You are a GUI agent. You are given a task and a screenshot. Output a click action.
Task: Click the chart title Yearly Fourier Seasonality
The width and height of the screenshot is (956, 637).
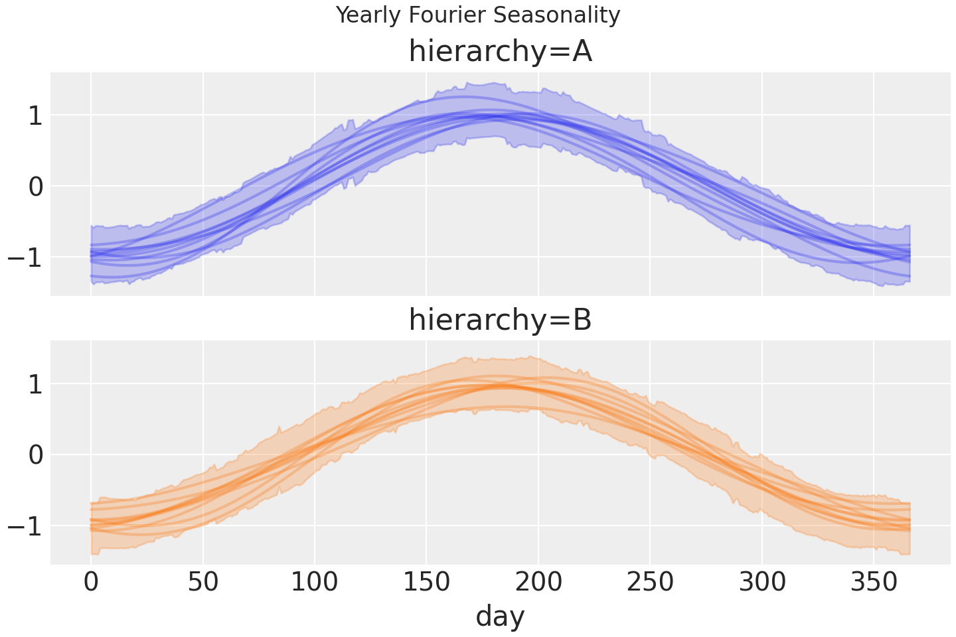(x=478, y=15)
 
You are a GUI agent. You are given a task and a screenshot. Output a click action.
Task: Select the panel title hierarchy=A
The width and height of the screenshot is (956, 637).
(x=500, y=52)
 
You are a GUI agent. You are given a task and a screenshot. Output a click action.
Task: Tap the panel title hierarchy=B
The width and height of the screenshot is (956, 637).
(x=500, y=320)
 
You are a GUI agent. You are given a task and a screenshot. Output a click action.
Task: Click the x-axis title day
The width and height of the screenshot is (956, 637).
(x=500, y=616)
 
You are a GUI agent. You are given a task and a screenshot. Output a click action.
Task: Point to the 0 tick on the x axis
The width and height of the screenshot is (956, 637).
(x=91, y=583)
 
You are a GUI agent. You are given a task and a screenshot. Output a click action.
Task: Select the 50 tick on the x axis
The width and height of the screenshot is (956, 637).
(x=202, y=583)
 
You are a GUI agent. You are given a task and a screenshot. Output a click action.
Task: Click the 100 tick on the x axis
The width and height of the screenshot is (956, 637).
(x=315, y=583)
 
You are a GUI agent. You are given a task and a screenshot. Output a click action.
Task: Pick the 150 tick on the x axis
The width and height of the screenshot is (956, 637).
(x=426, y=583)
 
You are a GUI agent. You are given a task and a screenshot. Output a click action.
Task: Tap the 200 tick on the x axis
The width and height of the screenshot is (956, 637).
(x=538, y=583)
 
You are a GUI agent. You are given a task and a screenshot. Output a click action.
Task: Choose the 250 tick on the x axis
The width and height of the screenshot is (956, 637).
(x=650, y=583)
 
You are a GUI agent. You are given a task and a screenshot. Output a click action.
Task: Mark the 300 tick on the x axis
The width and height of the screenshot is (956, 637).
(x=762, y=583)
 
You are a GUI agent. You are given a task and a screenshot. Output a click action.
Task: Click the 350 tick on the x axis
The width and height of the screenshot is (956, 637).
(x=874, y=583)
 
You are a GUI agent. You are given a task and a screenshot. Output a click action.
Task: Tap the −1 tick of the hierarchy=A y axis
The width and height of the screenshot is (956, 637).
(x=25, y=257)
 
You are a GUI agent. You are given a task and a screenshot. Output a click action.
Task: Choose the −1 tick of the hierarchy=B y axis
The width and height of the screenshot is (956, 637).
(x=25, y=526)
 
